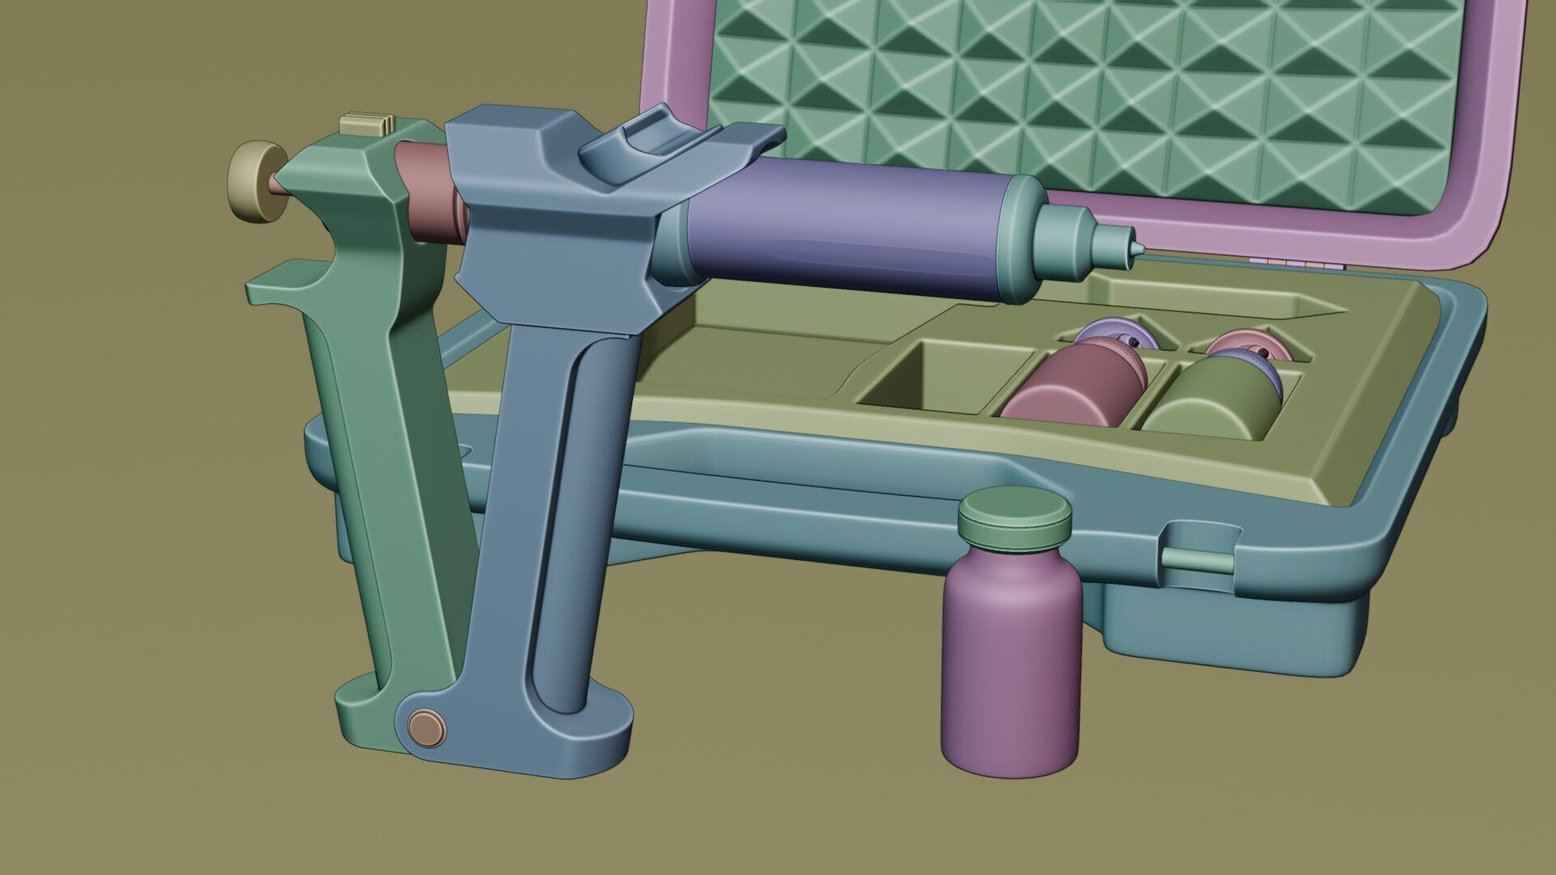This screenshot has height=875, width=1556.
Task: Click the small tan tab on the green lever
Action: (x=366, y=124)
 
